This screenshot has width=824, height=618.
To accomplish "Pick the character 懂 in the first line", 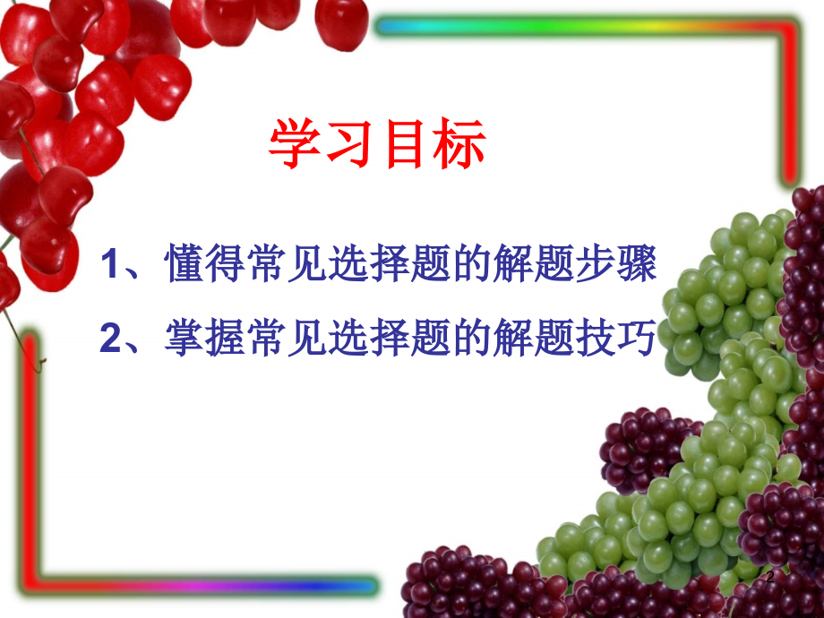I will (x=185, y=265).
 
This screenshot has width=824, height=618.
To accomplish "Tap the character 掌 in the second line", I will (x=185, y=338).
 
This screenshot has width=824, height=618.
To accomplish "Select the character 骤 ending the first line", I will (x=639, y=265).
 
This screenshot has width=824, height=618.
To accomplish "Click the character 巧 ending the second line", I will (x=639, y=338).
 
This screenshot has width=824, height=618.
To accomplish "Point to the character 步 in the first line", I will (x=597, y=265).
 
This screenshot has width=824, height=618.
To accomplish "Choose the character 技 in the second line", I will (x=597, y=338).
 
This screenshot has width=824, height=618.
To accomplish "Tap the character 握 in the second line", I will (x=226, y=338).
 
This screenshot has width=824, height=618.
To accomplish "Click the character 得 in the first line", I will (x=226, y=265).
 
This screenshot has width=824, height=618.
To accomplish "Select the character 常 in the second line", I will (x=267, y=338).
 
